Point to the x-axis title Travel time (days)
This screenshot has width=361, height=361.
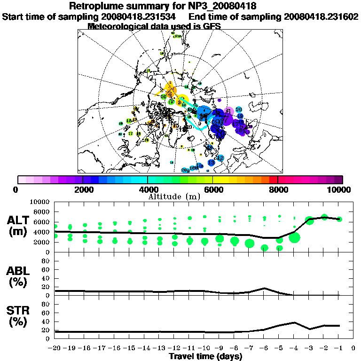click(x=205, y=356)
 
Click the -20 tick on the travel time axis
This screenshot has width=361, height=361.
click(x=55, y=348)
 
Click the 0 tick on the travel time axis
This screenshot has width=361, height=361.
click(x=353, y=348)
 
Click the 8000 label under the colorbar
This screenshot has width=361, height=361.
click(x=278, y=189)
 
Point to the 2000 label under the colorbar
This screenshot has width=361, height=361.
click(x=83, y=189)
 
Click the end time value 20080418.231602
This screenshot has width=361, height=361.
click(x=321, y=16)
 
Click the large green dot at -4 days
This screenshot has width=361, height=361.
click(x=294, y=238)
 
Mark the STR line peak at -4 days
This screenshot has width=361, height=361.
click(x=294, y=322)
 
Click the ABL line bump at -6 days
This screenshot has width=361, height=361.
click(x=264, y=288)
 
